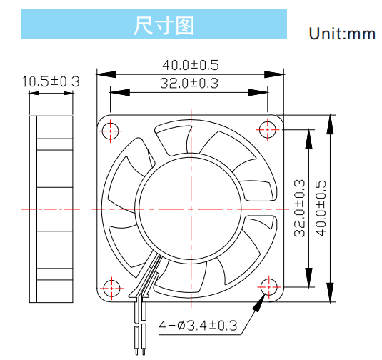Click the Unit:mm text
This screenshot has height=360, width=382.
[342, 34]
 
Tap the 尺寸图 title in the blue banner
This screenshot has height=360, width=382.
[164, 25]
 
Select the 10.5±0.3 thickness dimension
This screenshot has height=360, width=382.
[51, 81]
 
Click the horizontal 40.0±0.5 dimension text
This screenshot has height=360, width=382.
[191, 65]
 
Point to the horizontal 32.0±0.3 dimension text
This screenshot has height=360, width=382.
[189, 83]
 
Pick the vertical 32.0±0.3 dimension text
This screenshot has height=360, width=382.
[300, 209]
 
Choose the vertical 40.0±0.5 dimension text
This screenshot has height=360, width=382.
[321, 209]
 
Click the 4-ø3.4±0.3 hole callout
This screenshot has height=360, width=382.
[198, 326]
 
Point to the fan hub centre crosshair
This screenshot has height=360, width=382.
[191, 209]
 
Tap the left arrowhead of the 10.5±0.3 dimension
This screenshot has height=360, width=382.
[34, 93]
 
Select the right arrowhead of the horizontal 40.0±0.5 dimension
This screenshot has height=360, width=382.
[274, 74]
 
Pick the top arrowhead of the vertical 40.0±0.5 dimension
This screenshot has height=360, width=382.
[330, 124]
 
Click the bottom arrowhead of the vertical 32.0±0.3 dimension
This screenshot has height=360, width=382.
[308, 278]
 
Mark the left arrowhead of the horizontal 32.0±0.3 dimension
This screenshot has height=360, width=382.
[120, 92]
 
